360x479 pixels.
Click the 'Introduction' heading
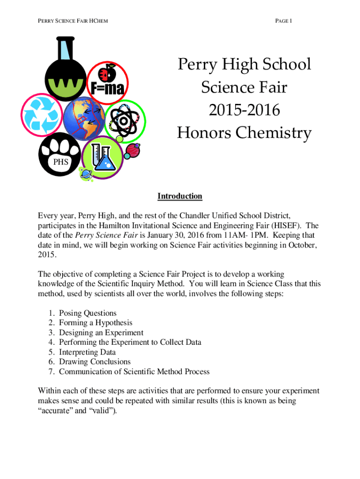coord(180,196)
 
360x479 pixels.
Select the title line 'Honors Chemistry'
coord(244,133)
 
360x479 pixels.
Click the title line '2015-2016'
coord(244,110)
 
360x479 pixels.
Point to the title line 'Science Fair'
coord(244,87)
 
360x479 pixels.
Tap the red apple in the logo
coord(108,73)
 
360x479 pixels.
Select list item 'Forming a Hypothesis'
coord(95,323)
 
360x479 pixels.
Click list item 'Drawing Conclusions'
coord(95,362)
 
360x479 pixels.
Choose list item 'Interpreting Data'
coord(87,352)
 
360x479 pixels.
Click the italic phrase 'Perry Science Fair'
coord(104,235)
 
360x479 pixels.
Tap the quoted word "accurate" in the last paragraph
coord(54,412)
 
